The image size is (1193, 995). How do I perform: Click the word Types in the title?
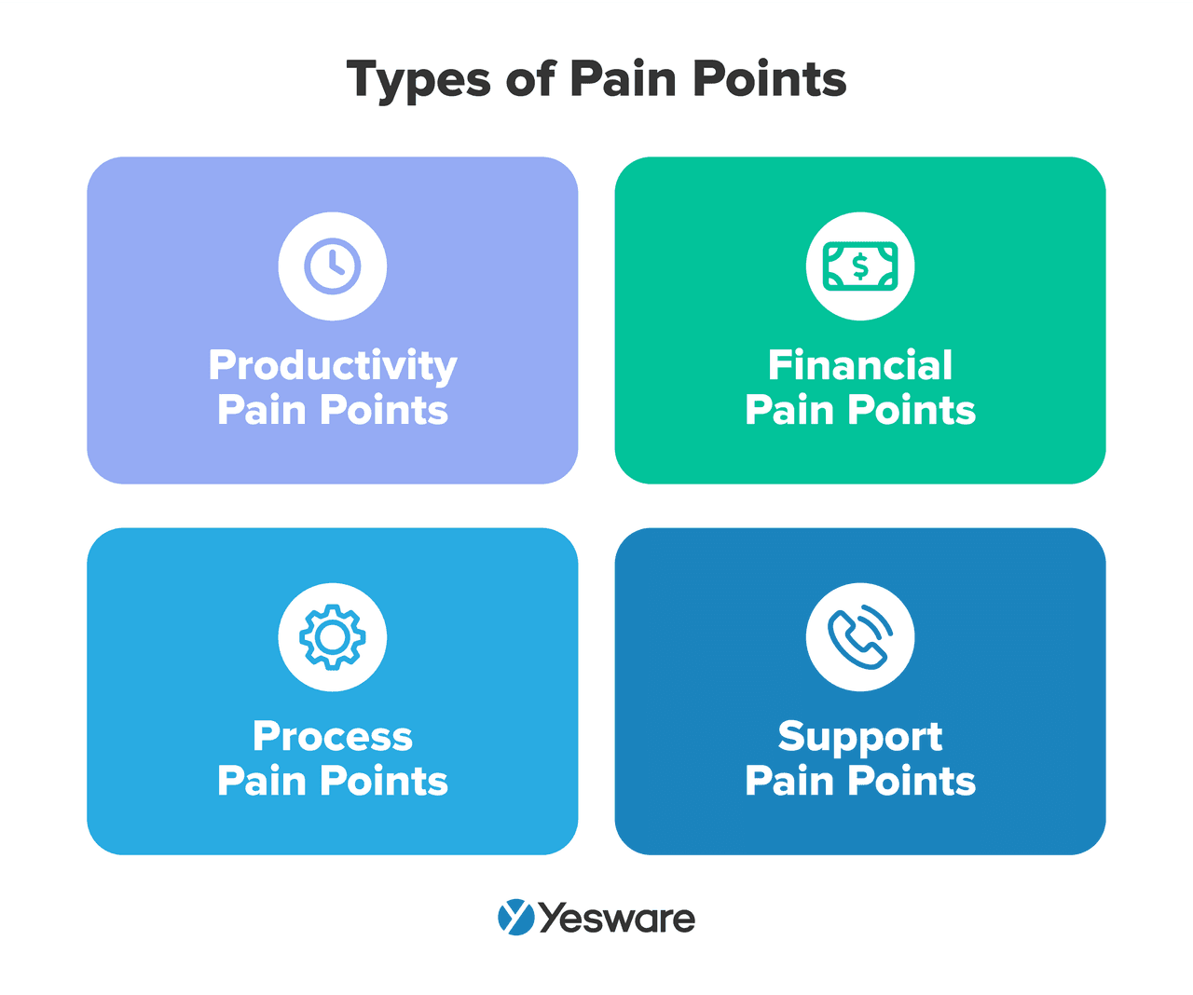tap(418, 80)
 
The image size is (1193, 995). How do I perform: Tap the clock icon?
tap(333, 266)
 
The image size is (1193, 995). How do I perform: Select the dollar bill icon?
tap(860, 266)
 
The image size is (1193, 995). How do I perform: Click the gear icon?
tap(333, 637)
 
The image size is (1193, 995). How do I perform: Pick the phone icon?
tap(860, 637)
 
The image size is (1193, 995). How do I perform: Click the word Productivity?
tap(333, 365)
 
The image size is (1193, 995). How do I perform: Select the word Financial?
tap(860, 365)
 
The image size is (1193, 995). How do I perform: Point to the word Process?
tap(333, 736)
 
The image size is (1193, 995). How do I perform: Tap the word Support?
tap(860, 737)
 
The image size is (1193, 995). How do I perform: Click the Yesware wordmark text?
tap(617, 919)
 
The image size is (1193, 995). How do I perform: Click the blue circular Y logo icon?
tap(515, 917)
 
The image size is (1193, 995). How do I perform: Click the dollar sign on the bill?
tap(860, 267)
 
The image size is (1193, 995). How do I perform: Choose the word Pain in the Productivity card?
tap(262, 410)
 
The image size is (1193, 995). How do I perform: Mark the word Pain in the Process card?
tap(262, 781)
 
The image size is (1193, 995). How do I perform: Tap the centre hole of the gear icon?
tap(333, 637)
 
